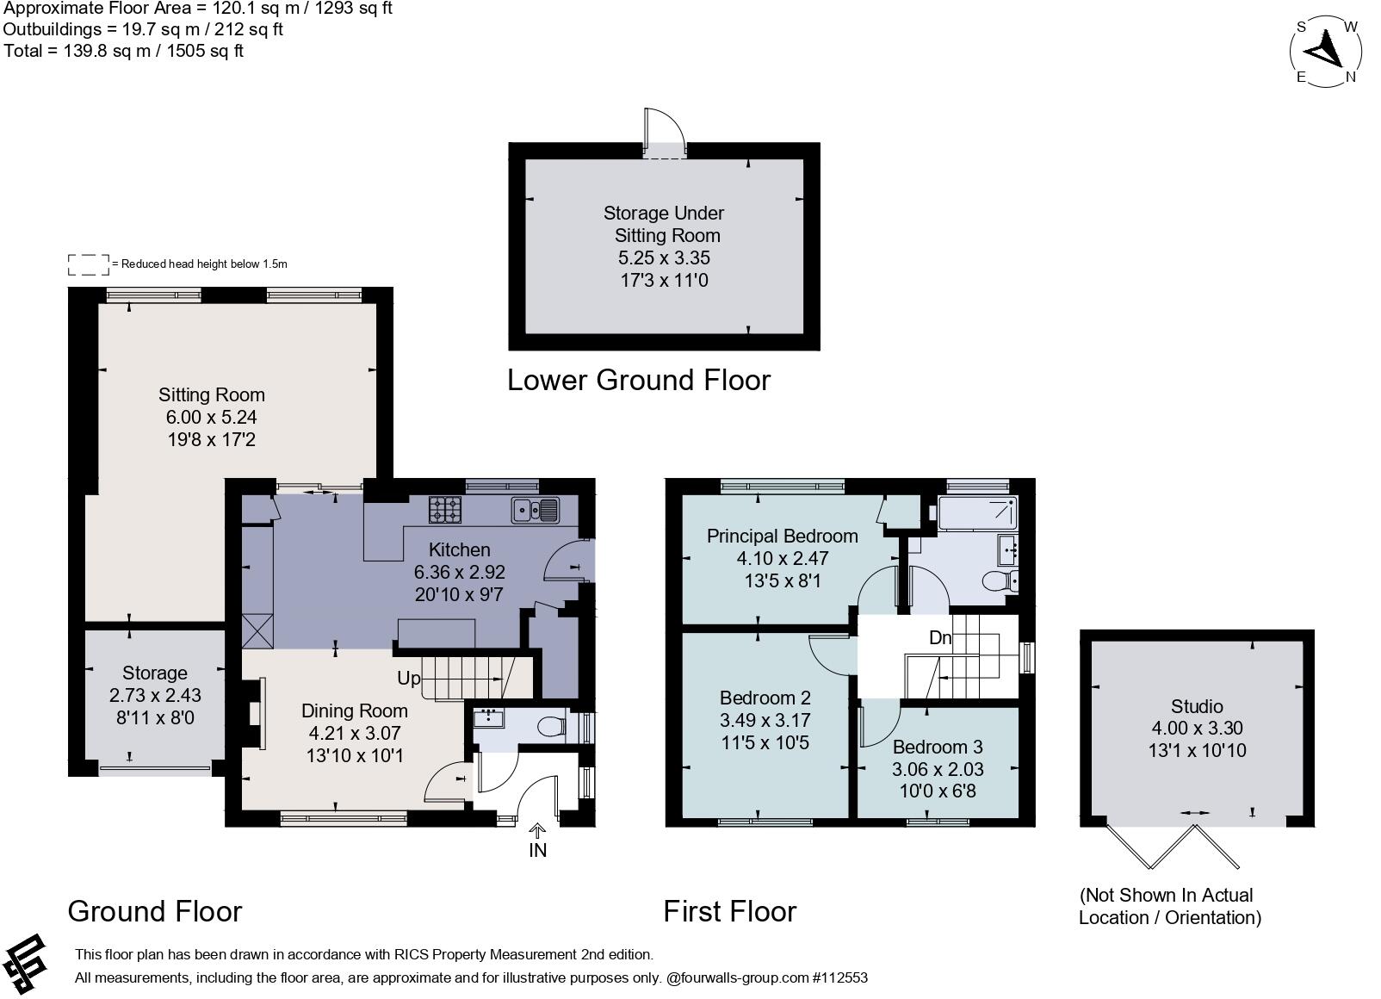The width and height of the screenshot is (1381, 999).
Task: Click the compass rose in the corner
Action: point(1325,52)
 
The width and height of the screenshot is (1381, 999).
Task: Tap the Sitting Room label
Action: point(212,394)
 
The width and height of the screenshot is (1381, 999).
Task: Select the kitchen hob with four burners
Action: point(444,510)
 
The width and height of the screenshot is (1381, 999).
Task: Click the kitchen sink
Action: point(536,510)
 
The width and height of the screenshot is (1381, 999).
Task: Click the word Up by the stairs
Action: point(409,679)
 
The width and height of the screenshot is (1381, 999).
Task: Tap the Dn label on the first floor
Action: point(940,637)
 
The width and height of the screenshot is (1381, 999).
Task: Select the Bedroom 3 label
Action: point(937,747)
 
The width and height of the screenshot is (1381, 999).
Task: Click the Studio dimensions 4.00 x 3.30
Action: point(1198,729)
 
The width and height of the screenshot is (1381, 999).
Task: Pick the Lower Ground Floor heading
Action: point(639,380)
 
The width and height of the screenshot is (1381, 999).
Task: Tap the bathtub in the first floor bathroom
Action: point(977,513)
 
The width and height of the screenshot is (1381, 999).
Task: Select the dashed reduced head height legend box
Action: point(88,264)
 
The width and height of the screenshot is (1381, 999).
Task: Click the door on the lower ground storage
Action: point(665,133)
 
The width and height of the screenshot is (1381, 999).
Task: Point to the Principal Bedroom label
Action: point(783,536)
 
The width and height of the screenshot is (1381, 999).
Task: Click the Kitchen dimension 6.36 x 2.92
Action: point(459,572)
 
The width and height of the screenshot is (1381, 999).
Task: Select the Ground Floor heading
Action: point(155,911)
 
